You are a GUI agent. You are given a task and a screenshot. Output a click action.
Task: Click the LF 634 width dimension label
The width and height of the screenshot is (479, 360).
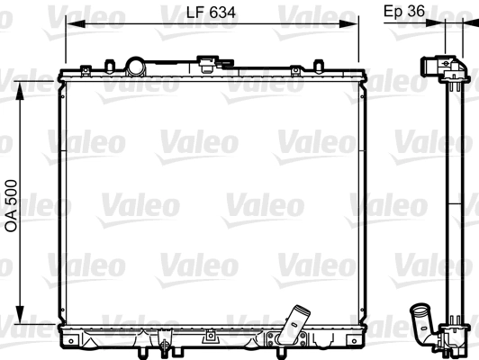tap(211, 13)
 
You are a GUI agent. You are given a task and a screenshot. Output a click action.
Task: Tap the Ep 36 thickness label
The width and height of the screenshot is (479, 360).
tap(404, 12)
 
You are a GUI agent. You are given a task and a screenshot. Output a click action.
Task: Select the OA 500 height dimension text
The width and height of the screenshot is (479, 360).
tap(12, 205)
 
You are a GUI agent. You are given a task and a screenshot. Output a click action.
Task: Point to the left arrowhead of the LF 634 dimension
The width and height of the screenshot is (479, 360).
tap(76, 23)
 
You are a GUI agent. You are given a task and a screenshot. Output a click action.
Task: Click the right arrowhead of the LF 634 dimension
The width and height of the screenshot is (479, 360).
tap(348, 23)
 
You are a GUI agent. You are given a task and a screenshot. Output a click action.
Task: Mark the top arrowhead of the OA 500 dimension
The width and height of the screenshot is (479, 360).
tap(20, 91)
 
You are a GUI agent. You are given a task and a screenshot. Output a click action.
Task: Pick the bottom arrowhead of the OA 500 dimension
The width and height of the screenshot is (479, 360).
tap(20, 314)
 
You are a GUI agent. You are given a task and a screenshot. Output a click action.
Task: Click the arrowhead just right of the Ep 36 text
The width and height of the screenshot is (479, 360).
tap(435, 22)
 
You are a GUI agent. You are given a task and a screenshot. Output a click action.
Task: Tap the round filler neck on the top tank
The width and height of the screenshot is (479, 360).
tap(135, 67)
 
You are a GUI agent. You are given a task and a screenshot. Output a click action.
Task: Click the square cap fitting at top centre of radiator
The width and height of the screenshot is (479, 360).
tap(207, 64)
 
